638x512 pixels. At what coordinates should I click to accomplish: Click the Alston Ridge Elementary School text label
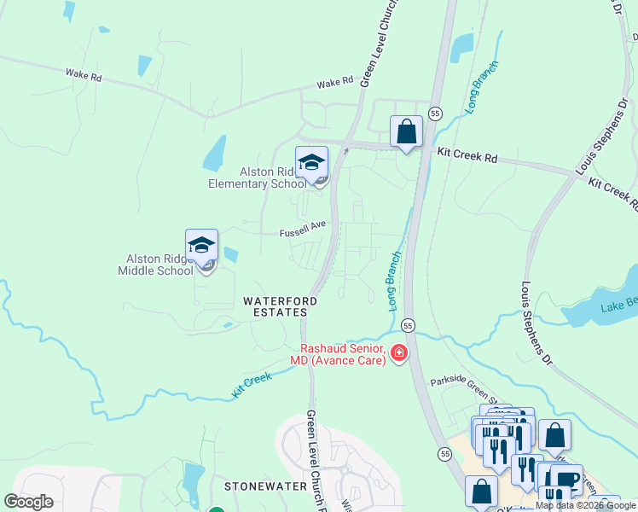(x=256, y=177)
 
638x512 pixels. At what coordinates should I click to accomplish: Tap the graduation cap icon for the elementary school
(x=312, y=161)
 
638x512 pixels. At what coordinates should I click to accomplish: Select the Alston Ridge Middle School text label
(x=160, y=265)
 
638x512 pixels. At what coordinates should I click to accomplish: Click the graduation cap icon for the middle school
(x=202, y=245)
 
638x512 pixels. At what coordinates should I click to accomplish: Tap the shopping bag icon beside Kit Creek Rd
(x=407, y=131)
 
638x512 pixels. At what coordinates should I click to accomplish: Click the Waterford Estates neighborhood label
(x=280, y=306)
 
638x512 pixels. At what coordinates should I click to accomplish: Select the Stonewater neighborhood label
(x=258, y=486)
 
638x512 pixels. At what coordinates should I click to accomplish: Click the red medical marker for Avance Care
(x=398, y=352)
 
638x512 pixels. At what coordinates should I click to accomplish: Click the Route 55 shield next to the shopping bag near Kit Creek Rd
(x=435, y=113)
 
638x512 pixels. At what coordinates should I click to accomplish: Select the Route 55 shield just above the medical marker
(x=408, y=326)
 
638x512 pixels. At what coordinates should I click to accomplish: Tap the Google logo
(x=28, y=502)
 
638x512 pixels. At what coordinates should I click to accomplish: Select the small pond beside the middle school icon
(x=230, y=253)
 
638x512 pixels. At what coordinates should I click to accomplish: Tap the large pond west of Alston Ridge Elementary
(x=215, y=153)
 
